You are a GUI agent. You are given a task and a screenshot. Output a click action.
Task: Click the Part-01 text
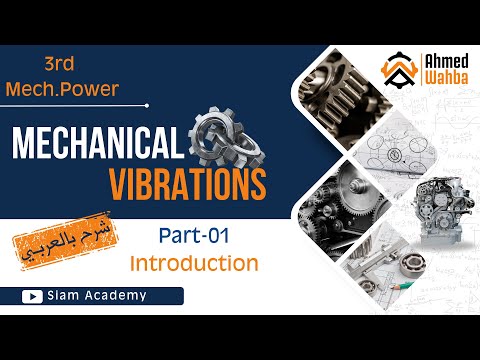pos(194,237)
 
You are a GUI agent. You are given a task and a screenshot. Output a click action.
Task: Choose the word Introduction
pos(194,264)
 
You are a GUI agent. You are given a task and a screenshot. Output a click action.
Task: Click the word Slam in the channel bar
pos(64,295)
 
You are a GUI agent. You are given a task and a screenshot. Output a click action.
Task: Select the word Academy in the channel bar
pos(114,295)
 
